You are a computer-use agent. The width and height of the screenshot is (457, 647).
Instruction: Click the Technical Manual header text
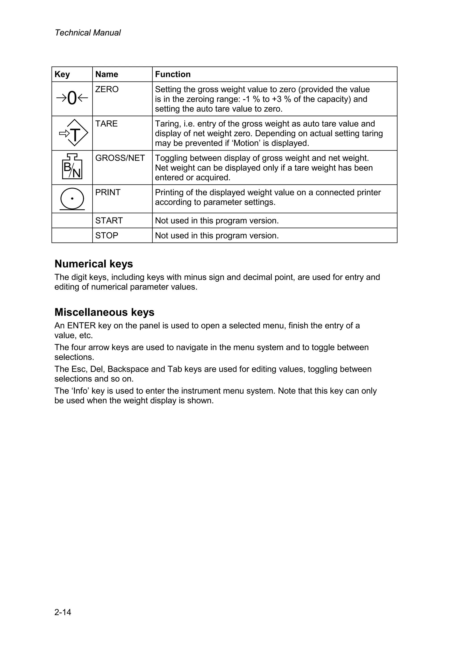click(x=87, y=33)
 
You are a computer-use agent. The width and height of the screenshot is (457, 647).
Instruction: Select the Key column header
click(x=62, y=74)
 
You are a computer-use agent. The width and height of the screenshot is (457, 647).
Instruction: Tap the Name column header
click(x=107, y=74)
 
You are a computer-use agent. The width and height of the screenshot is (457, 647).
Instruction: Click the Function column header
click(x=173, y=74)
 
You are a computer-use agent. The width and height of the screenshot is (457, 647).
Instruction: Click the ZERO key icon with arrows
click(x=72, y=98)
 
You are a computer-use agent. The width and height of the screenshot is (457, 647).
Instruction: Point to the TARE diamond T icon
click(x=74, y=133)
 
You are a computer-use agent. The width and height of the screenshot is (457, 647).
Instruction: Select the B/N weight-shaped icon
click(x=72, y=167)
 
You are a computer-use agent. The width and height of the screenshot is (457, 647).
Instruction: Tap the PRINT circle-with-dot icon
click(x=72, y=199)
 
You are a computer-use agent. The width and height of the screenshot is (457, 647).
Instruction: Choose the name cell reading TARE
click(x=106, y=124)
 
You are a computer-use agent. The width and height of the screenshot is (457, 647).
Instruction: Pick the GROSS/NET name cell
click(x=120, y=158)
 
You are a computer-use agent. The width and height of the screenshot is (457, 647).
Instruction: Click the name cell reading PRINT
click(x=108, y=193)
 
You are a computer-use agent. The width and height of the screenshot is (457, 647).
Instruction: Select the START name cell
click(x=109, y=220)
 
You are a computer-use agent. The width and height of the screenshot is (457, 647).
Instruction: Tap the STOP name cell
click(x=107, y=235)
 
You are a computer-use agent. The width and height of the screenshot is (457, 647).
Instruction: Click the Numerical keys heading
click(x=93, y=264)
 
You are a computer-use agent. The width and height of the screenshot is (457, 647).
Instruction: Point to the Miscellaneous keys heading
click(x=104, y=312)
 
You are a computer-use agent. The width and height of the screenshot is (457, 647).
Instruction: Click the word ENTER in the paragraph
click(x=81, y=326)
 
